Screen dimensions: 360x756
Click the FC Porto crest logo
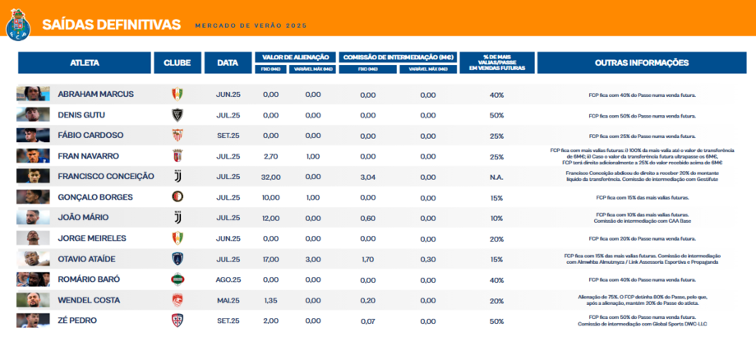[17, 26]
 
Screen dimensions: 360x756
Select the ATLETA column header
[84, 62]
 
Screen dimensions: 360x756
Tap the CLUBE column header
[177, 62]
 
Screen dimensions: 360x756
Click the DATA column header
[228, 62]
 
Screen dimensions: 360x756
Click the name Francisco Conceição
[106, 177]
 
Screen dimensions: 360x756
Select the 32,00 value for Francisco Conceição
[271, 177]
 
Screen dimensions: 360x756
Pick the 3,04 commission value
[367, 177]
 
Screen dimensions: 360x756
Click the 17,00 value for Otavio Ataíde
[271, 259]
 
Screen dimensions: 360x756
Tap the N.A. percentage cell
[496, 177]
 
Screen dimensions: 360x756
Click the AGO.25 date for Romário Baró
[228, 279]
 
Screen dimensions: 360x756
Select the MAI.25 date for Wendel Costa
[228, 300]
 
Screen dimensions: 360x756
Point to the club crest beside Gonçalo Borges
[177, 197]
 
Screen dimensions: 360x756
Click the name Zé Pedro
[77, 321]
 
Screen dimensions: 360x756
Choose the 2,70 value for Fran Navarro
[271, 156]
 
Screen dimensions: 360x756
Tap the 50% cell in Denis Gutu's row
[496, 115]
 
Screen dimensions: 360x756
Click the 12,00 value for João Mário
[271, 218]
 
